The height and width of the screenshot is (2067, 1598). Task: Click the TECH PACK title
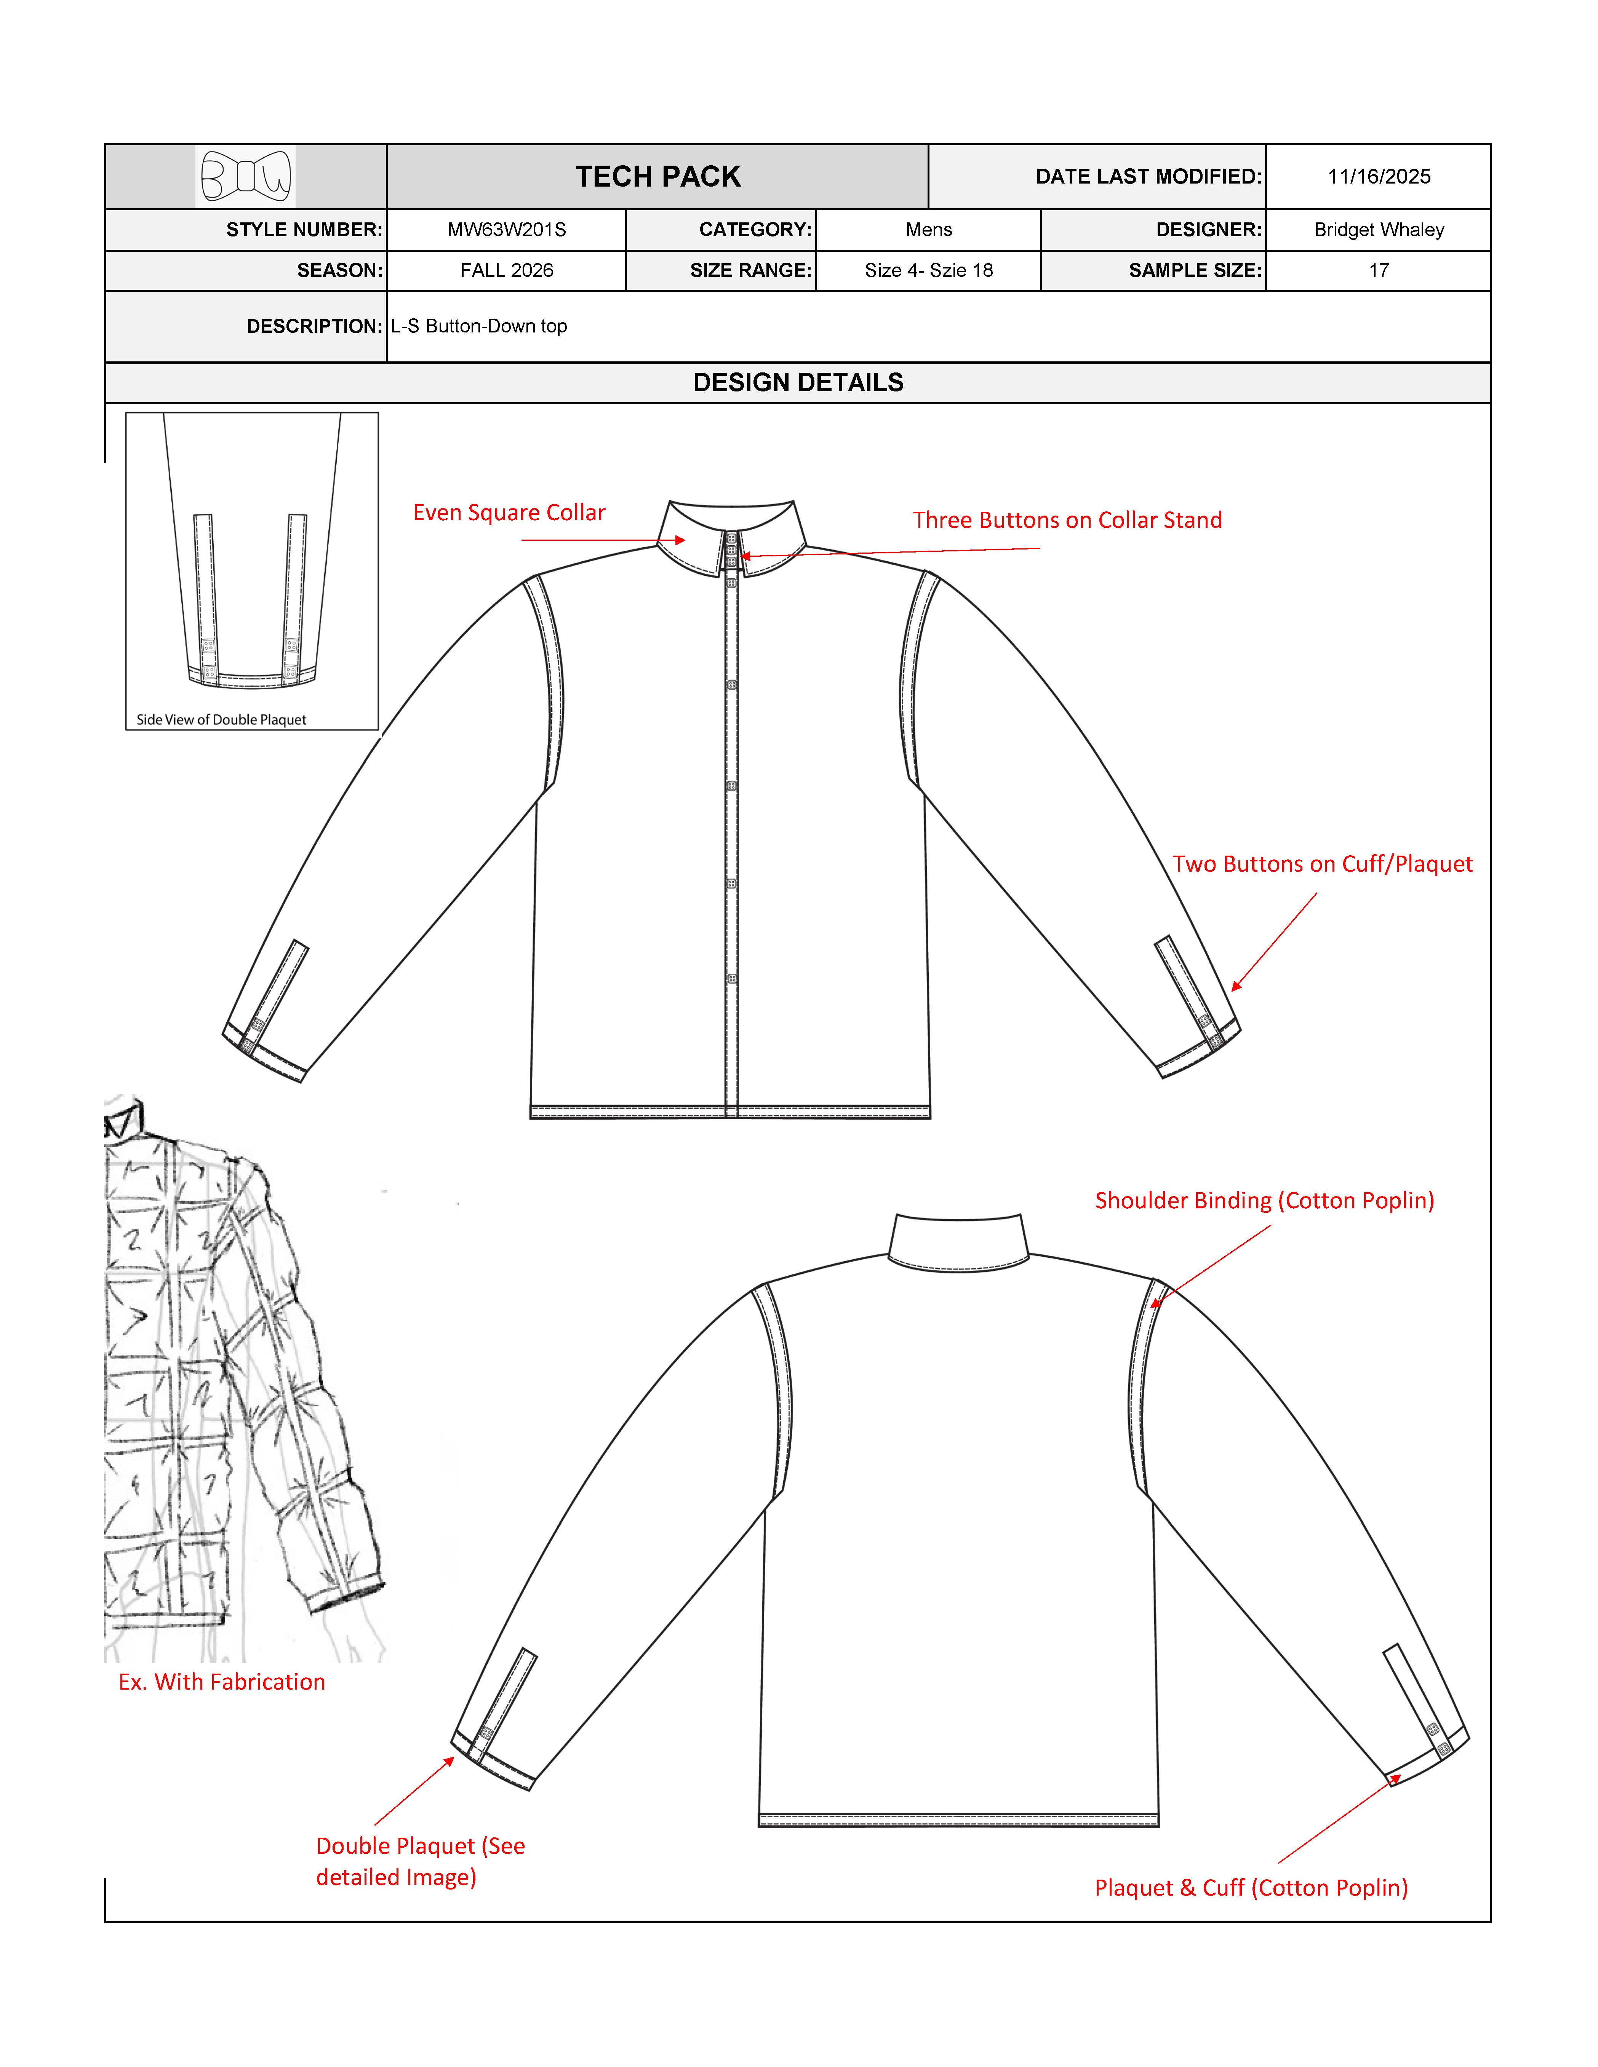point(658,177)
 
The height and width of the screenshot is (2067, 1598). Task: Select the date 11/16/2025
point(1378,177)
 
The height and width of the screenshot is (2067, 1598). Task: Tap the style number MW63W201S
point(507,230)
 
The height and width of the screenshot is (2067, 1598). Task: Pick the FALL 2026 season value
point(507,271)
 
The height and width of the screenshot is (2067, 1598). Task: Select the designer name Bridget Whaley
point(1378,230)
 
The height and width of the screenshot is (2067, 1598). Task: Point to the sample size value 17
point(1378,271)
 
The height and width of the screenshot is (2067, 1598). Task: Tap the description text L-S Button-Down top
point(479,326)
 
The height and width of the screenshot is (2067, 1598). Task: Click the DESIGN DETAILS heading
point(798,382)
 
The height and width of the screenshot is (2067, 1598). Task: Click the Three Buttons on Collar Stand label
point(1067,521)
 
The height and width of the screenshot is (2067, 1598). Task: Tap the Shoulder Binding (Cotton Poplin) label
point(1264,1201)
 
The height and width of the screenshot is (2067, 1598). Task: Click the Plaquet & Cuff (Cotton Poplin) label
point(1251,1888)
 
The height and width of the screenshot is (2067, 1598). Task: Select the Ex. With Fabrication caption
point(222,1682)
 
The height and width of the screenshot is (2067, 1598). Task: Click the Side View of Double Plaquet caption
point(222,720)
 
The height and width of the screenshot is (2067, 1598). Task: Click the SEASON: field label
point(339,271)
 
